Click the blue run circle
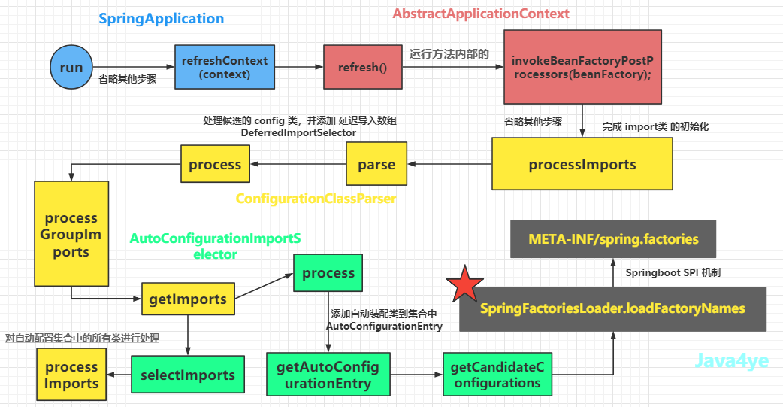pos(71,67)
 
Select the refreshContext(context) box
pos(225,67)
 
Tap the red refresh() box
pos(362,67)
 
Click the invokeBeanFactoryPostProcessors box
pos(582,67)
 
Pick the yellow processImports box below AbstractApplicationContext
pos(582,164)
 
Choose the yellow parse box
pos(376,163)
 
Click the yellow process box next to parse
pos(215,163)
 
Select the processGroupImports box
pos(71,233)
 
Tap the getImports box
pos(189,299)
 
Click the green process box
pos(328,273)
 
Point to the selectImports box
pos(188,375)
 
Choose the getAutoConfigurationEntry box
pos(328,375)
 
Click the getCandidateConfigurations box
pos(497,375)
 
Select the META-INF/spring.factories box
pos(613,239)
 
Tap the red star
pos(465,284)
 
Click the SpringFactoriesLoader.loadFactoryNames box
pos(612,309)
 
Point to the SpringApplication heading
pos(162,19)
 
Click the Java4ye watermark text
pos(732,360)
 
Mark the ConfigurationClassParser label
pos(316,199)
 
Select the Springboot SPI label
pos(673,272)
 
